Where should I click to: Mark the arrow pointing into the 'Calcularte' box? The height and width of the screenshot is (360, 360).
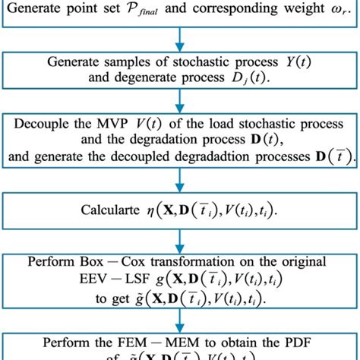tap(179, 182)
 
